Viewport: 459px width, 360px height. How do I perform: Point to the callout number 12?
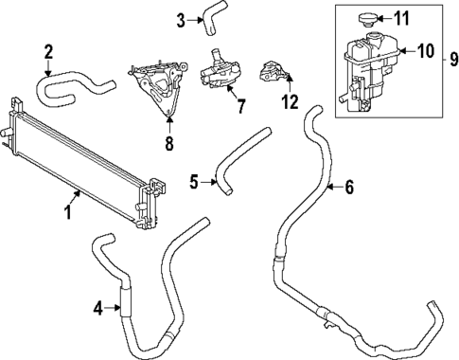(288, 99)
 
